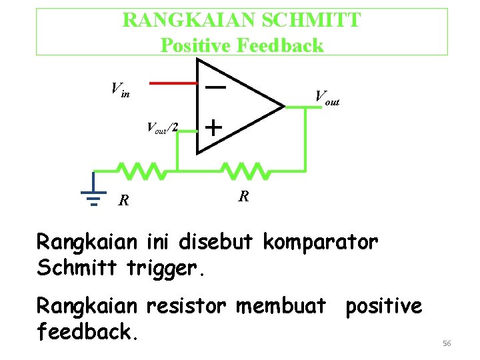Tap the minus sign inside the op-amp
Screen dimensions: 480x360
pos(214,87)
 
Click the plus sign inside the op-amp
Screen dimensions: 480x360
pos(213,127)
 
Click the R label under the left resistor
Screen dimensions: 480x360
pos(123,199)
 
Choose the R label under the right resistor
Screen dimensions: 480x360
pos(245,197)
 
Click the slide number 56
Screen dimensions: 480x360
pos(447,343)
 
